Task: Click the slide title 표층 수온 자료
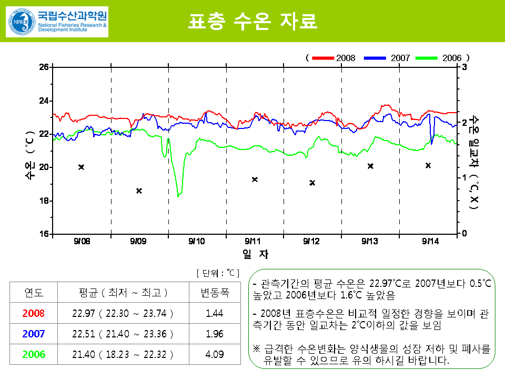[252, 22]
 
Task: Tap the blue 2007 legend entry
[386, 57]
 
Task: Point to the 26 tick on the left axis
[44, 67]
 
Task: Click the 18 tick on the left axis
[44, 201]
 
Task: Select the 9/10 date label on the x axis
[196, 241]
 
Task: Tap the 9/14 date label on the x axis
[430, 241]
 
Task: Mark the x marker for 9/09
[139, 191]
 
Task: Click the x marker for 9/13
[370, 166]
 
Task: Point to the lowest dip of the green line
[179, 196]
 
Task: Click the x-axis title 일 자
[255, 254]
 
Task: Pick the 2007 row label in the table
[33, 334]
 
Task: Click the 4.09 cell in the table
[215, 354]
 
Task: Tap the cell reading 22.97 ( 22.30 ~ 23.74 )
[123, 313]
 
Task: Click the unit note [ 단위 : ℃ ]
[217, 273]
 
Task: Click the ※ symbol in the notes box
[257, 349]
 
